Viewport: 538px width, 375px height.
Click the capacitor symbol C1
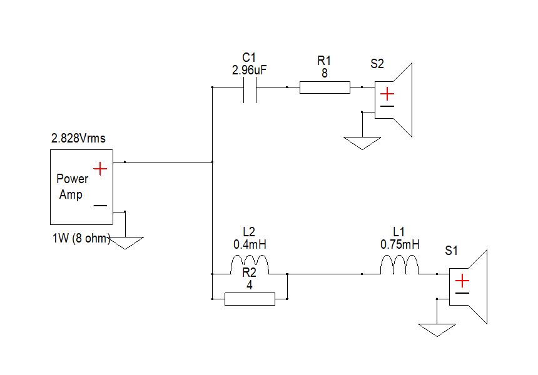250,87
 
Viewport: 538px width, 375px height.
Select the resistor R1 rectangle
325,87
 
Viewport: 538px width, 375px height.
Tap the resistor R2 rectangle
250,299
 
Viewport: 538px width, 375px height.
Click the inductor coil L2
250,265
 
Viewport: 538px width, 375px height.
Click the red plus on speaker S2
388,94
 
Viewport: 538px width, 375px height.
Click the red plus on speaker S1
463,281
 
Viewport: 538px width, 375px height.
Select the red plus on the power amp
99,169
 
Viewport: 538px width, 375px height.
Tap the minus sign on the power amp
99,206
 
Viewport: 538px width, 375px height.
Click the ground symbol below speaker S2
362,143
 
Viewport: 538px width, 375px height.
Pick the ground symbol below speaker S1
437,329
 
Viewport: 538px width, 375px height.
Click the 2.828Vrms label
78,139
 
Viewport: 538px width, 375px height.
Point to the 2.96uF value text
250,71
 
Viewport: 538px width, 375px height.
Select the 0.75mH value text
400,244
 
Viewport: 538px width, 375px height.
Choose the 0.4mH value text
250,244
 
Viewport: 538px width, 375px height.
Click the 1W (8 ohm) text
82,238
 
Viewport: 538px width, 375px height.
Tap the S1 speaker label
452,251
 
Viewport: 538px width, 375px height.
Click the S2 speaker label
377,64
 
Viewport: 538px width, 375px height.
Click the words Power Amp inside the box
72,186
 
